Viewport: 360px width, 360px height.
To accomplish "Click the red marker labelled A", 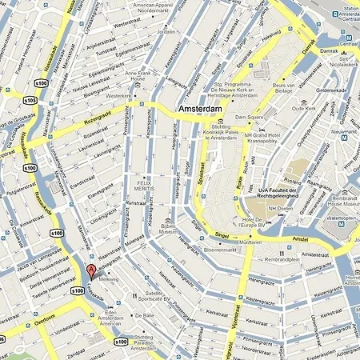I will coord(91,270).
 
